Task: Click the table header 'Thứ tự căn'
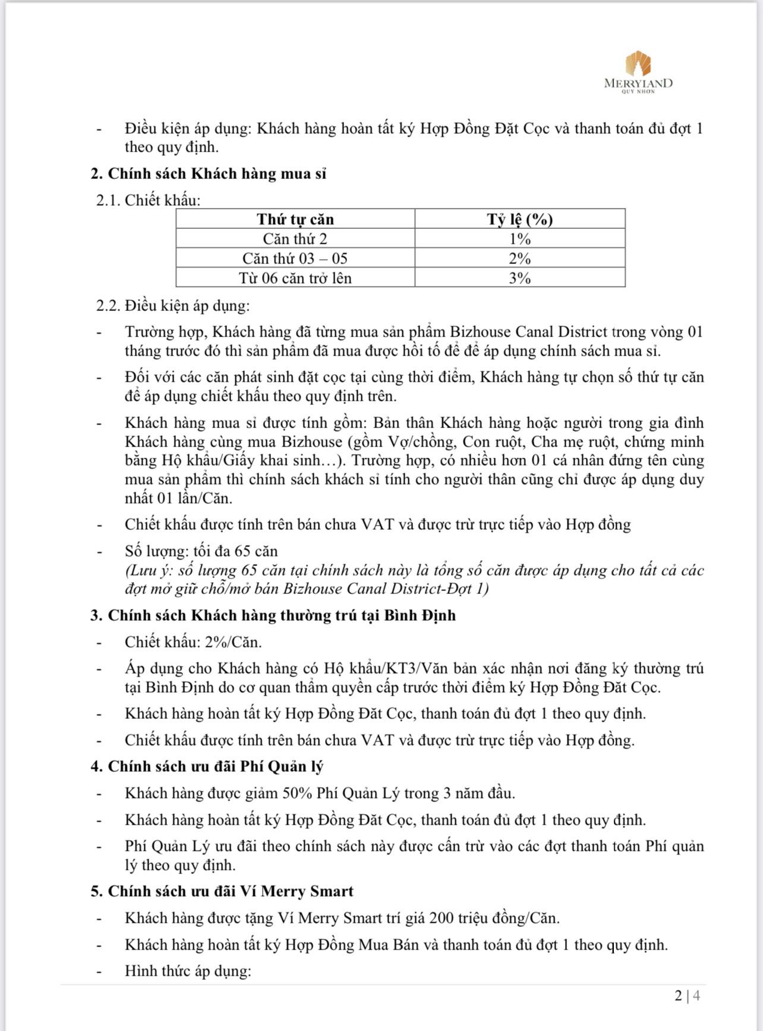(x=295, y=219)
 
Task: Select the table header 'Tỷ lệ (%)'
(x=520, y=219)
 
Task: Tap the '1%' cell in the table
(x=520, y=239)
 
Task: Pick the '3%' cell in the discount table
(x=520, y=278)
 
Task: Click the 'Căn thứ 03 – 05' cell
(x=295, y=259)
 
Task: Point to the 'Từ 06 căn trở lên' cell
(x=295, y=278)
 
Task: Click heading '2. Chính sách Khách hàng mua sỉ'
(x=209, y=174)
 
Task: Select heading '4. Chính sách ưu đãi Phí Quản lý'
(x=207, y=766)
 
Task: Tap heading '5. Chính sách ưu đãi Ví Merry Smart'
(x=222, y=891)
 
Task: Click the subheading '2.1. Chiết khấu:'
(x=149, y=200)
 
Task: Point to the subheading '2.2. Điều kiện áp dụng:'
(x=173, y=306)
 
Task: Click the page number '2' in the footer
(x=678, y=995)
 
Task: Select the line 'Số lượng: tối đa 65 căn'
(x=201, y=551)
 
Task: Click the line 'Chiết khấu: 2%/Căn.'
(x=193, y=642)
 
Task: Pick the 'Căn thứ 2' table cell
(x=295, y=239)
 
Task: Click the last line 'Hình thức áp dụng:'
(x=188, y=971)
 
